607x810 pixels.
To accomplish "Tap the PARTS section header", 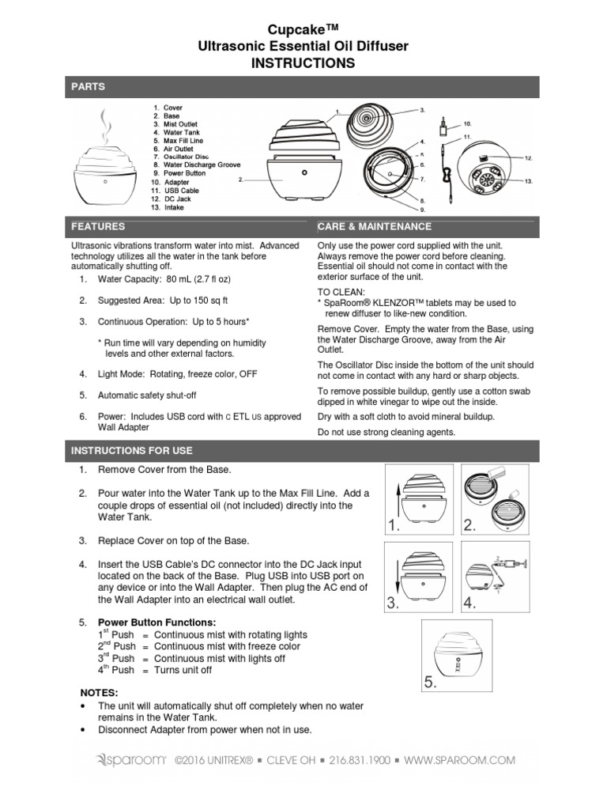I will tap(88, 86).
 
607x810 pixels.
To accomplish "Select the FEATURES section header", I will tap(98, 226).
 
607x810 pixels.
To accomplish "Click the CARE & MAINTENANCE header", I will tap(374, 226).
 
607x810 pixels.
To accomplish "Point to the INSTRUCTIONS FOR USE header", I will tap(132, 450).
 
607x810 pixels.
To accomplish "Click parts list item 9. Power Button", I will tap(179, 172).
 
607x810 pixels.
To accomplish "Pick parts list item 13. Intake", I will tap(170, 207).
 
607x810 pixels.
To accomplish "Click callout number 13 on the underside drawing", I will tap(529, 181).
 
